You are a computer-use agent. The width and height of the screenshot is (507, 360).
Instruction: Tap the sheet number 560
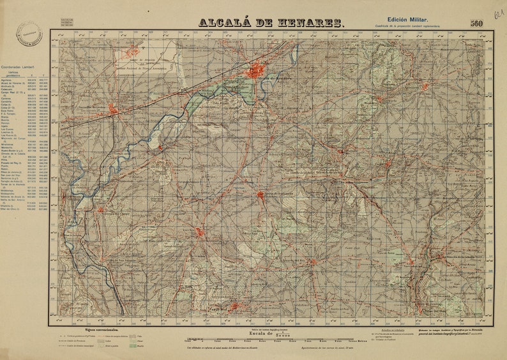tap(476, 24)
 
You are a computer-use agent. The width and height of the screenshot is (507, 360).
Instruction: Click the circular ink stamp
tap(28, 37)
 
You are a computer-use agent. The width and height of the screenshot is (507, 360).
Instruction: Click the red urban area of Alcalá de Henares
tap(255, 70)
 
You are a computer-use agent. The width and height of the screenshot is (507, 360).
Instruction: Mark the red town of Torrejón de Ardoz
tap(113, 109)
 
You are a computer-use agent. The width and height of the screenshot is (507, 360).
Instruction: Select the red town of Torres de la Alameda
tap(261, 194)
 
